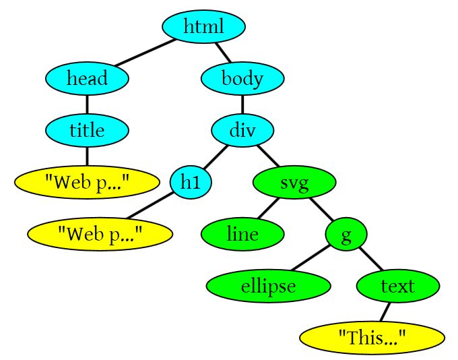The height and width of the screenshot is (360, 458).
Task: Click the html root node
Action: click(203, 27)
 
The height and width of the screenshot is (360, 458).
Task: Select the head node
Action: click(87, 79)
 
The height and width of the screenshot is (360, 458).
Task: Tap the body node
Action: click(242, 79)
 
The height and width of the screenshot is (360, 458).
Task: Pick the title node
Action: click(87, 129)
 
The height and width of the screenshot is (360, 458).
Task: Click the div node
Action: click(242, 129)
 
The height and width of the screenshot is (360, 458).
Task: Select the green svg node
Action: click(294, 182)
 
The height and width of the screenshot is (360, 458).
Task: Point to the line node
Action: click(242, 234)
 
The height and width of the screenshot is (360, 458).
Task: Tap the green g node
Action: click(346, 234)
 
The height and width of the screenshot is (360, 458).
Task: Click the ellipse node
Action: click(268, 286)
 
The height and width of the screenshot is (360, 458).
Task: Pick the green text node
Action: click(397, 286)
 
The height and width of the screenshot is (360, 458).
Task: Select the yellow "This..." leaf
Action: click(372, 338)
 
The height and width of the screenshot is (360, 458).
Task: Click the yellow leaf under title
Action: click(87, 182)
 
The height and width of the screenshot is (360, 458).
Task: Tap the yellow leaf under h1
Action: click(100, 234)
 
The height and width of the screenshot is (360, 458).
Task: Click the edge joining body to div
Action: click(242, 104)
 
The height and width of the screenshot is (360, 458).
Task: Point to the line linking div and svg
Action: click(268, 156)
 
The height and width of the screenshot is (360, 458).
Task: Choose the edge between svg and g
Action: click(321, 208)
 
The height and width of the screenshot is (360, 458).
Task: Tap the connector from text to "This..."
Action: click(385, 311)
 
